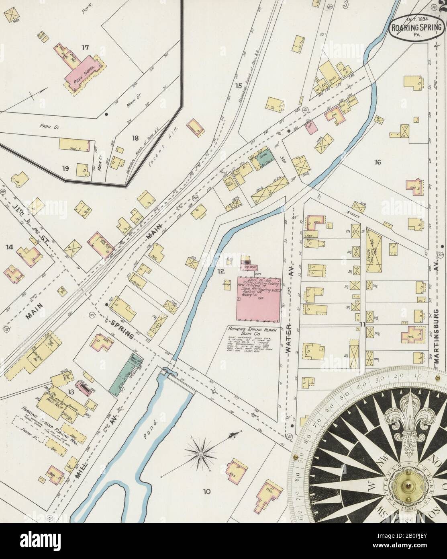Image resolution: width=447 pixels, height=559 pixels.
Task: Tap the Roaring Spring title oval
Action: pos(417,27)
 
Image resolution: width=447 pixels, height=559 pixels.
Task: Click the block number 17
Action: pos(85,47)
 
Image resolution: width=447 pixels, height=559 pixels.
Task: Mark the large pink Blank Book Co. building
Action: pos(259,298)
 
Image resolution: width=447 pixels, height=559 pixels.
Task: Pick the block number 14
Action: pos(9,254)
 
